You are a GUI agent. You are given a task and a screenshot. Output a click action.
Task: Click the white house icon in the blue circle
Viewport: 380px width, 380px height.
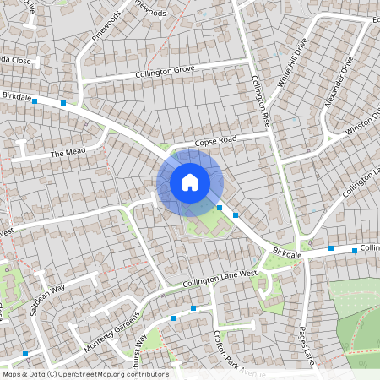point(190,182)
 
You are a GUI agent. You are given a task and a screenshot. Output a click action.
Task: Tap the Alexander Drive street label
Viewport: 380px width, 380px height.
point(335,82)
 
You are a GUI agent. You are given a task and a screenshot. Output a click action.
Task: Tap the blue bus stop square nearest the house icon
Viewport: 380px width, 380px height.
point(220,207)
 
